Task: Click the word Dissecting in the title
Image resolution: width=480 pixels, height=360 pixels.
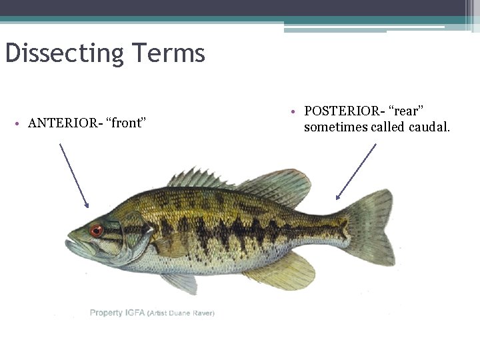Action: pyautogui.click(x=65, y=53)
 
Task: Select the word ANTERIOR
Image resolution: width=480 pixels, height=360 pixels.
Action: pyautogui.click(x=62, y=123)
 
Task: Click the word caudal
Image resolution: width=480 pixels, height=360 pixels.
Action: pyautogui.click(x=427, y=127)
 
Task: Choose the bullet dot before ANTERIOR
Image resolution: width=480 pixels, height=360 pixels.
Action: pyautogui.click(x=19, y=123)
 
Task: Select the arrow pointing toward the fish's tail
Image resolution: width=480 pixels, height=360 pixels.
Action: pyautogui.click(x=356, y=171)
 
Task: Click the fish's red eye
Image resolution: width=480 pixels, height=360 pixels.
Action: pyautogui.click(x=97, y=231)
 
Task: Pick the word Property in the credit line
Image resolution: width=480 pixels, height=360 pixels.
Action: pyautogui.click(x=107, y=313)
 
